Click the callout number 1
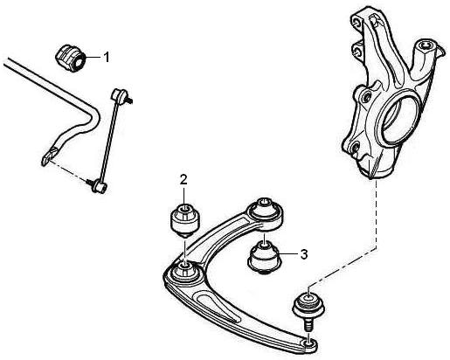click(x=107, y=57)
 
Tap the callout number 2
click(x=183, y=180)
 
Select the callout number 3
click(x=304, y=254)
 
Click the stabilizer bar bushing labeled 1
click(x=70, y=59)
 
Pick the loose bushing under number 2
click(x=185, y=221)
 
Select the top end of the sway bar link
click(x=120, y=95)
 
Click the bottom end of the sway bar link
click(x=99, y=186)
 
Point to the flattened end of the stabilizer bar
click(x=50, y=155)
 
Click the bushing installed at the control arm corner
click(x=185, y=272)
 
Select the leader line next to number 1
click(x=93, y=57)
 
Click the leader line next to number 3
click(x=288, y=254)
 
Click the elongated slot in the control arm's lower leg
click(x=217, y=307)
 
